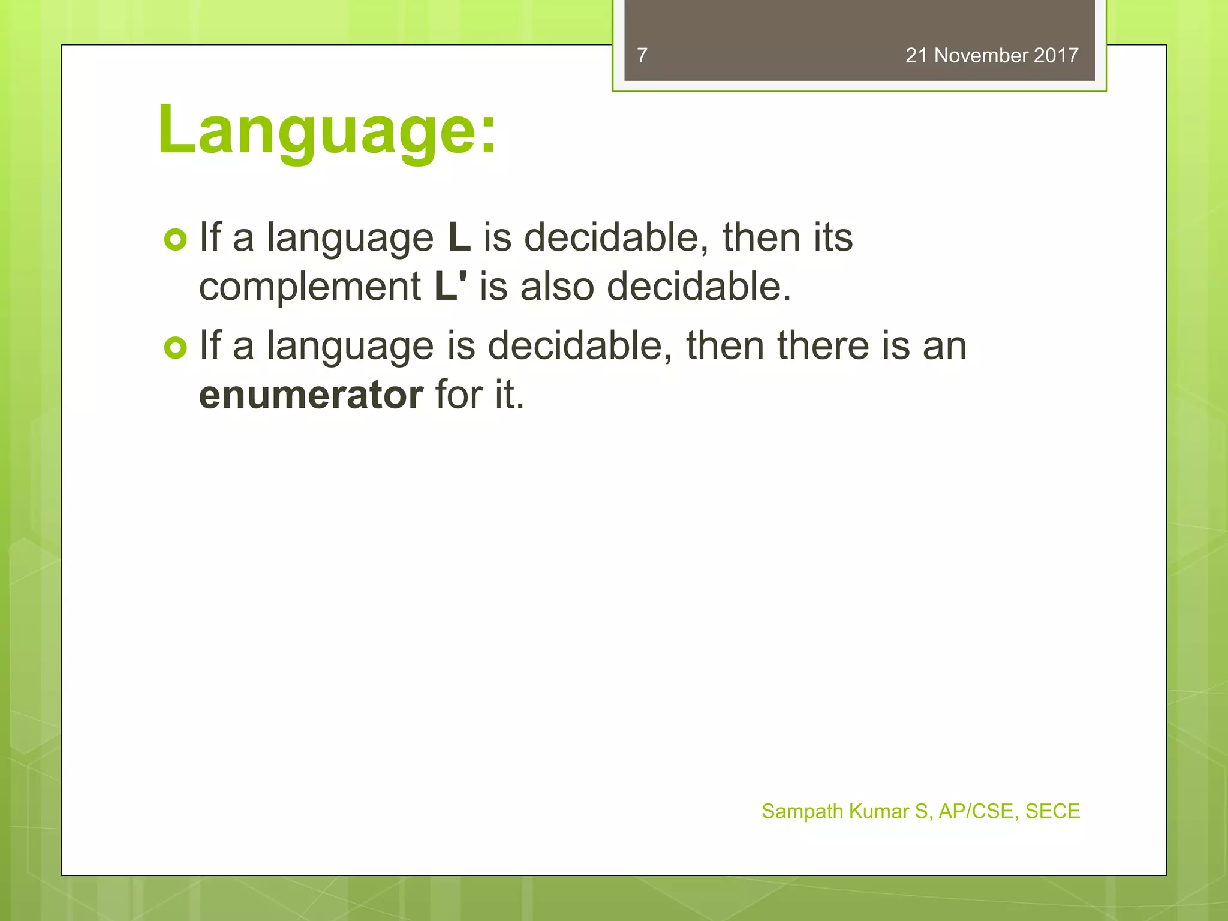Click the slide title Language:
tap(327, 130)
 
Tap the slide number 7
tap(642, 55)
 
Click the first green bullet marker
tap(175, 240)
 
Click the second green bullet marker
tap(175, 348)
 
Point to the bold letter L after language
tap(459, 237)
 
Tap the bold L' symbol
tap(450, 287)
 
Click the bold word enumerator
tap(311, 395)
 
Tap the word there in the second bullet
tap(823, 346)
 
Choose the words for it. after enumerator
tap(480, 395)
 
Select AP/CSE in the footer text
tap(976, 811)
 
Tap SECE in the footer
tap(1052, 811)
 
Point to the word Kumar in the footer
tap(879, 811)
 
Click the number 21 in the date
tap(916, 55)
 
